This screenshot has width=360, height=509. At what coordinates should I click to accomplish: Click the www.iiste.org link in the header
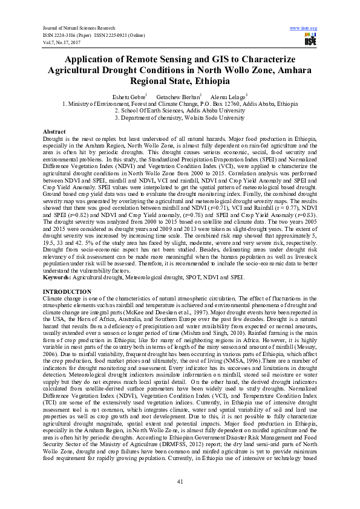click(x=304, y=28)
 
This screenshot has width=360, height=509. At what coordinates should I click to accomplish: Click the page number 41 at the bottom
click(x=180, y=481)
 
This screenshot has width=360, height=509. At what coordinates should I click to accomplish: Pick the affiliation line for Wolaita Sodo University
click(x=180, y=118)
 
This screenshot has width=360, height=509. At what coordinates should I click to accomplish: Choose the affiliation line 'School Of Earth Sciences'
click(x=180, y=111)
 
